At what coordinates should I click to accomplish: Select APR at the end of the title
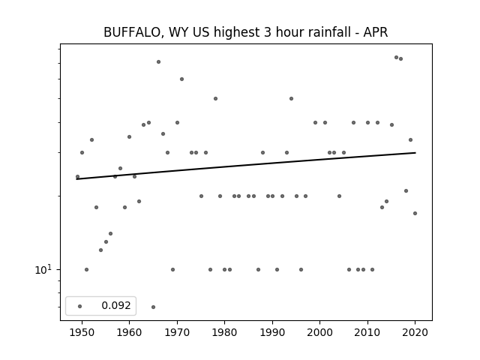tap(376, 32)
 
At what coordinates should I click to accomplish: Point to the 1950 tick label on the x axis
tap(82, 332)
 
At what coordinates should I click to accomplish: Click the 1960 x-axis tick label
tap(129, 332)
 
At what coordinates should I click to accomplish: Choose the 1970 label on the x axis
tap(177, 332)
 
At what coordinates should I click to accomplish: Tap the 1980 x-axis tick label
tap(224, 332)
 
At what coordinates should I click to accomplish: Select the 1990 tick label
tap(272, 332)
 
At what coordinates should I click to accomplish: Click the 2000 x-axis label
tap(319, 332)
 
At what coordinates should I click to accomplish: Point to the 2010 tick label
tap(367, 332)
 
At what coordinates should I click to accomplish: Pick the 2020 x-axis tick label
tap(415, 332)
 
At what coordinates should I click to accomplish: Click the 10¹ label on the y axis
tap(43, 269)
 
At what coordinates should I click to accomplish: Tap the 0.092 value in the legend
tap(116, 305)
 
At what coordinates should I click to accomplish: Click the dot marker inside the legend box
tap(80, 306)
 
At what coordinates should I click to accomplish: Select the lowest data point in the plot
tap(153, 307)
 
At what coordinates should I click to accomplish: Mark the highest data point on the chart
tap(396, 57)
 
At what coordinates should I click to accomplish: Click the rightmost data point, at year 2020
tap(415, 213)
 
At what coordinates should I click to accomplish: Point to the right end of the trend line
tap(415, 152)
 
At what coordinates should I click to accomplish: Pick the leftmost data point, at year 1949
tap(77, 177)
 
